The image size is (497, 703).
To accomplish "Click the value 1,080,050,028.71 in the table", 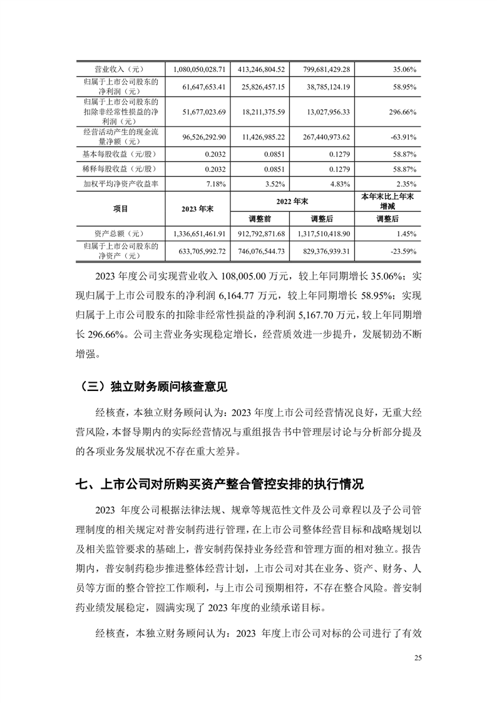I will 198,69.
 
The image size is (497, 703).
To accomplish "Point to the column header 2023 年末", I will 197,209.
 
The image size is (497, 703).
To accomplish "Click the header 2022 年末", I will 291,201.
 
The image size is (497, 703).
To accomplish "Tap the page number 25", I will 418,658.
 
